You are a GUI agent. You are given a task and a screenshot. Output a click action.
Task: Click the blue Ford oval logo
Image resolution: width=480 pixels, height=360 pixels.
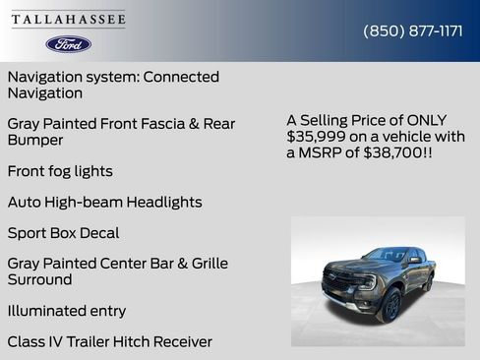(x=68, y=44)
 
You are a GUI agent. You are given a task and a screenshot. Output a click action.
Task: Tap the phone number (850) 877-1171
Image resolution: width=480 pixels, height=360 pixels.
(x=413, y=30)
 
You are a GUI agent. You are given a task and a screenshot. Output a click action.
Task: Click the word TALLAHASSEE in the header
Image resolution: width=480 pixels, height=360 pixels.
(x=68, y=20)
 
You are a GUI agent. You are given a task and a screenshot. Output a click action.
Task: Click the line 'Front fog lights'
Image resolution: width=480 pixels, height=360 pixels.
(x=60, y=171)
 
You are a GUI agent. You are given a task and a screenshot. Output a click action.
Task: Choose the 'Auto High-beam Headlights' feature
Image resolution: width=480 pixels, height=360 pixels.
(x=105, y=202)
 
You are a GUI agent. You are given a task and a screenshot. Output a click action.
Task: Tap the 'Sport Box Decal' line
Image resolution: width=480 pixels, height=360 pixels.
(x=63, y=233)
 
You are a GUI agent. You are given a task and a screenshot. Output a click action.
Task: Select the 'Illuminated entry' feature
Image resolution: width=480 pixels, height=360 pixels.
(x=67, y=311)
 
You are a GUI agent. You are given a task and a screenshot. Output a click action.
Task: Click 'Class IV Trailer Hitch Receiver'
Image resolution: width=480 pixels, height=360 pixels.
(x=110, y=341)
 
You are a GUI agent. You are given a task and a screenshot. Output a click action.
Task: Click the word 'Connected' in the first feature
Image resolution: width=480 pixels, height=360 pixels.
(x=181, y=77)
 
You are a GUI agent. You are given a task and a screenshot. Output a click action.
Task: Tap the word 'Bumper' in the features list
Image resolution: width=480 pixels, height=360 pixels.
(x=34, y=140)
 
